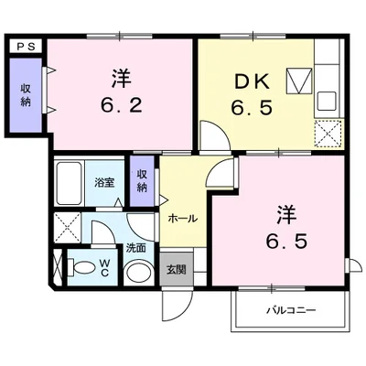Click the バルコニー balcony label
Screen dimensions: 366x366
[x=291, y=311]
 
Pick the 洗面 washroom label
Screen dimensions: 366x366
[x=136, y=247]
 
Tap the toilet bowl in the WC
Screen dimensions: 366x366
[x=83, y=267]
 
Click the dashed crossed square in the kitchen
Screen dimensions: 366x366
[x=327, y=134]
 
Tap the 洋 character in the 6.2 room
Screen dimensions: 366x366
[x=121, y=76]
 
